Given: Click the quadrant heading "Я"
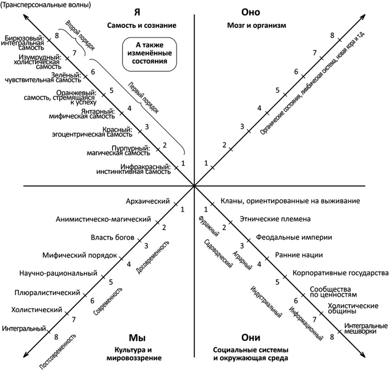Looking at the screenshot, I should (x=136, y=13).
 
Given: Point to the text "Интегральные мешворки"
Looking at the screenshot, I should (x=365, y=329).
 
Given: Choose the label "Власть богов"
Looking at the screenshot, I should (x=113, y=237).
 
